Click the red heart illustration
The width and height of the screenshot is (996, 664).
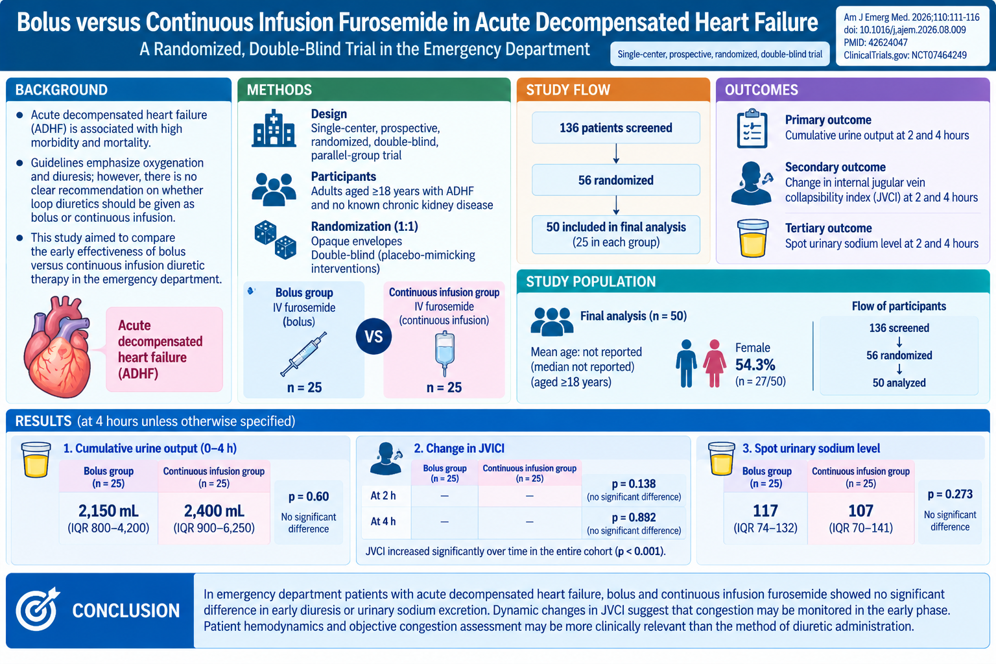(57, 347)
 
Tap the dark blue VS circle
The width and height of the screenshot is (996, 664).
(373, 337)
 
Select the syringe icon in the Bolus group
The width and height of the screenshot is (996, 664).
(303, 354)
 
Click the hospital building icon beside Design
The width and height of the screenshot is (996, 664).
(274, 128)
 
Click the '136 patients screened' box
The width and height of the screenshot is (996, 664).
(616, 128)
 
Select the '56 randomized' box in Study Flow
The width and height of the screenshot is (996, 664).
(616, 180)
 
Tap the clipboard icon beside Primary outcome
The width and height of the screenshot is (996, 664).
(752, 128)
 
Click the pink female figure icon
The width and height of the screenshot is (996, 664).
(715, 363)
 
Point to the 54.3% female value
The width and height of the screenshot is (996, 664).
(755, 364)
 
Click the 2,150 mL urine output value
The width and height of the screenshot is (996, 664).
(108, 511)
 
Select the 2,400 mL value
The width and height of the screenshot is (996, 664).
(214, 511)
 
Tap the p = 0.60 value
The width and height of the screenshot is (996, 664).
(309, 496)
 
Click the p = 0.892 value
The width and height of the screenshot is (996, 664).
(634, 517)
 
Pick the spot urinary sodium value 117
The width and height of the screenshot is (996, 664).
(765, 510)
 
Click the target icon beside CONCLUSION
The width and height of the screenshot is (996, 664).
(38, 609)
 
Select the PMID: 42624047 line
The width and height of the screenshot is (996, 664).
(875, 43)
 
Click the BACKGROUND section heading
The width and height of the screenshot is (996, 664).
(62, 90)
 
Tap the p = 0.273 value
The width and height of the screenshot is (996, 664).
(950, 494)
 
